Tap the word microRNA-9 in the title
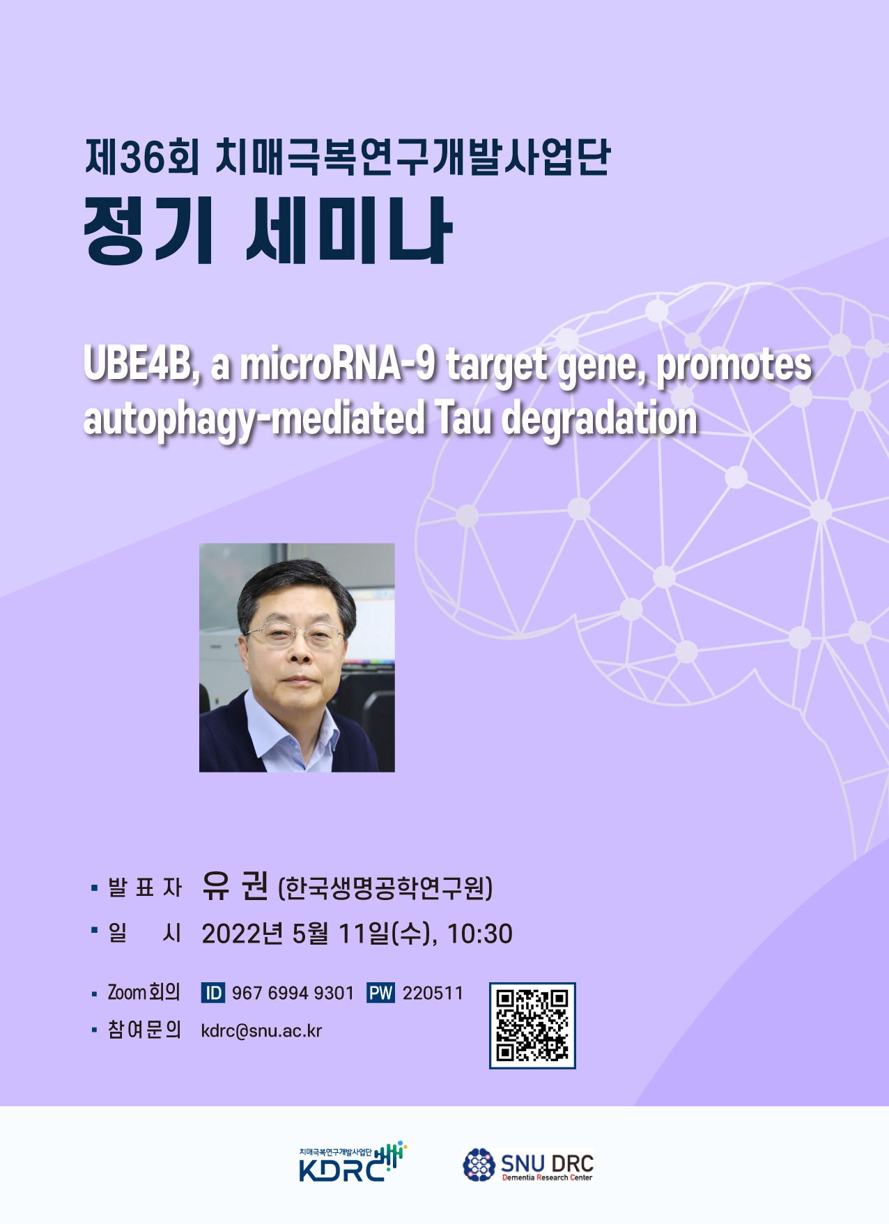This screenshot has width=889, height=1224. [x=338, y=364]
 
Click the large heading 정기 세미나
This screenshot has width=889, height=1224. [x=268, y=231]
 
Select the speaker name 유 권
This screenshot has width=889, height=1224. [x=235, y=886]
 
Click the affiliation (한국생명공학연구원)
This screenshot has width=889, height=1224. [x=385, y=888]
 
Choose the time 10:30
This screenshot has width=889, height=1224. [x=479, y=934]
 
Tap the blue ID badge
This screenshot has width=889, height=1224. [x=213, y=993]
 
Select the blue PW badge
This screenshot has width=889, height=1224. [x=380, y=993]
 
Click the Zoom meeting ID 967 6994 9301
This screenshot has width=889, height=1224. [x=293, y=993]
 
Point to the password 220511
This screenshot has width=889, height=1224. [x=433, y=993]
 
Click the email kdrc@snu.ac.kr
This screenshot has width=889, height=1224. [x=261, y=1031]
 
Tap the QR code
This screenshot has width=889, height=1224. [x=532, y=1025]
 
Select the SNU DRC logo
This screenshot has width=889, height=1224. [x=528, y=1165]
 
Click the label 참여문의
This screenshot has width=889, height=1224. [x=144, y=1030]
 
